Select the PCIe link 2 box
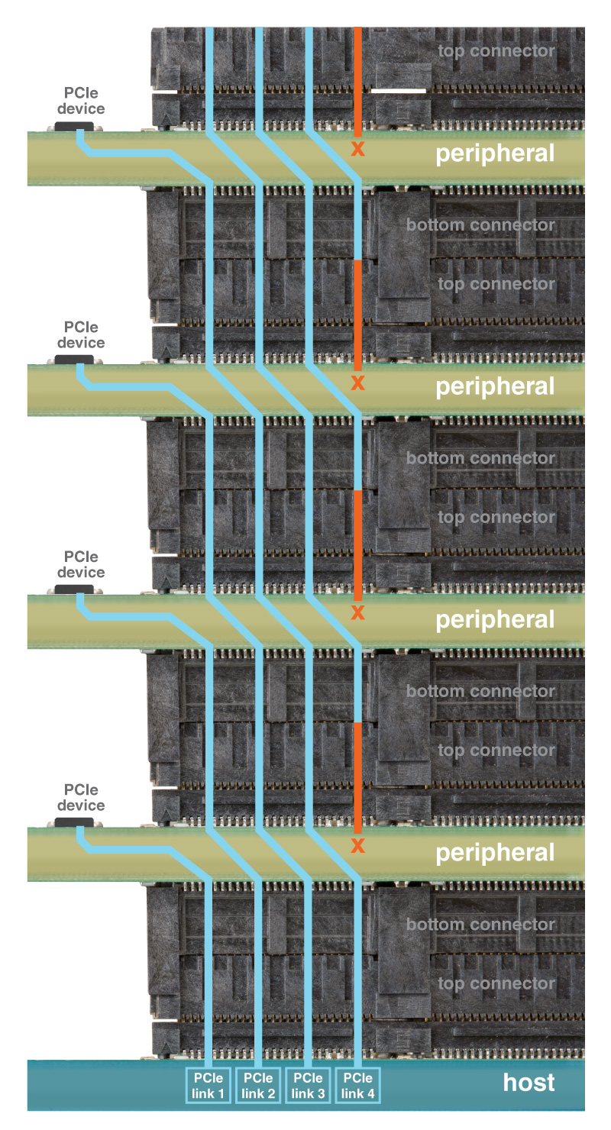coord(258,1085)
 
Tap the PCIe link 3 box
coord(308,1085)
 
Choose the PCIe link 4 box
coord(357,1085)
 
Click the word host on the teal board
coord(529,1083)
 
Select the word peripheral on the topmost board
coord(495,154)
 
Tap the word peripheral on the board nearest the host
coord(495,853)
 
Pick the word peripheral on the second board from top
coord(495,387)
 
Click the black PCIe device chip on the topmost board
coord(74,126)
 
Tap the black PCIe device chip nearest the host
coord(74,822)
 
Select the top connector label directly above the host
coord(496,983)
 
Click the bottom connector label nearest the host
coord(480,925)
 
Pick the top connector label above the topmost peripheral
coord(496,52)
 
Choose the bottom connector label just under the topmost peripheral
coord(480,225)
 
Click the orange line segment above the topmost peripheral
coord(357,80)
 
